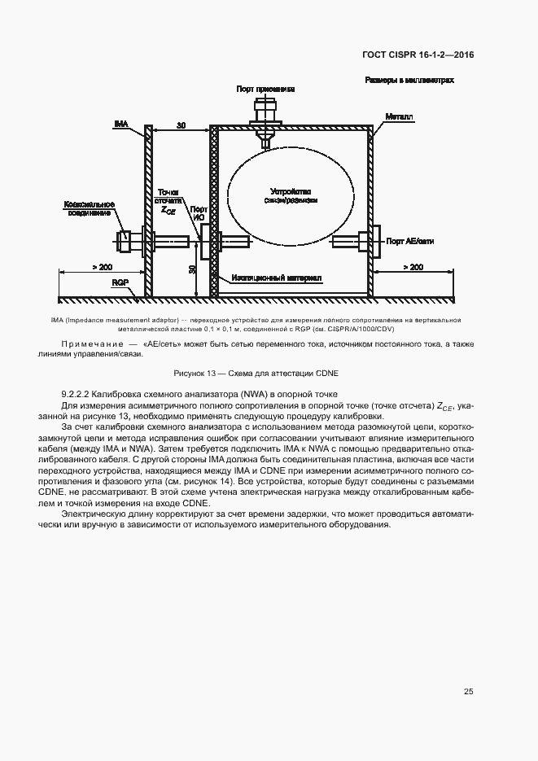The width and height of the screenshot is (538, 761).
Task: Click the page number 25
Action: (x=468, y=692)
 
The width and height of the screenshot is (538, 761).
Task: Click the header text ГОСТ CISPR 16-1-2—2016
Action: (x=418, y=55)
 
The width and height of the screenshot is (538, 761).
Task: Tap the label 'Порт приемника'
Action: (x=265, y=88)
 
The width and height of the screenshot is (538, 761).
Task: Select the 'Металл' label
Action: (x=400, y=117)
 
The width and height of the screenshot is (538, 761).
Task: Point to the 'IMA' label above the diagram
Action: (x=120, y=124)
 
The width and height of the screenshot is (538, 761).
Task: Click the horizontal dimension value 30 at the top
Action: (x=181, y=126)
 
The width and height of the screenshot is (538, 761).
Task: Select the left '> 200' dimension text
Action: (x=102, y=267)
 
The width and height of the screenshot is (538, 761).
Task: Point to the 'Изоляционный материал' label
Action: (x=276, y=278)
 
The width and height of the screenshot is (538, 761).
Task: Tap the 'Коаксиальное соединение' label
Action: (x=89, y=208)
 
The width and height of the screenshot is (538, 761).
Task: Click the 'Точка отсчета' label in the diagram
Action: (x=168, y=192)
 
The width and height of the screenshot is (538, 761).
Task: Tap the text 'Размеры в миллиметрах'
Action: (x=409, y=81)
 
